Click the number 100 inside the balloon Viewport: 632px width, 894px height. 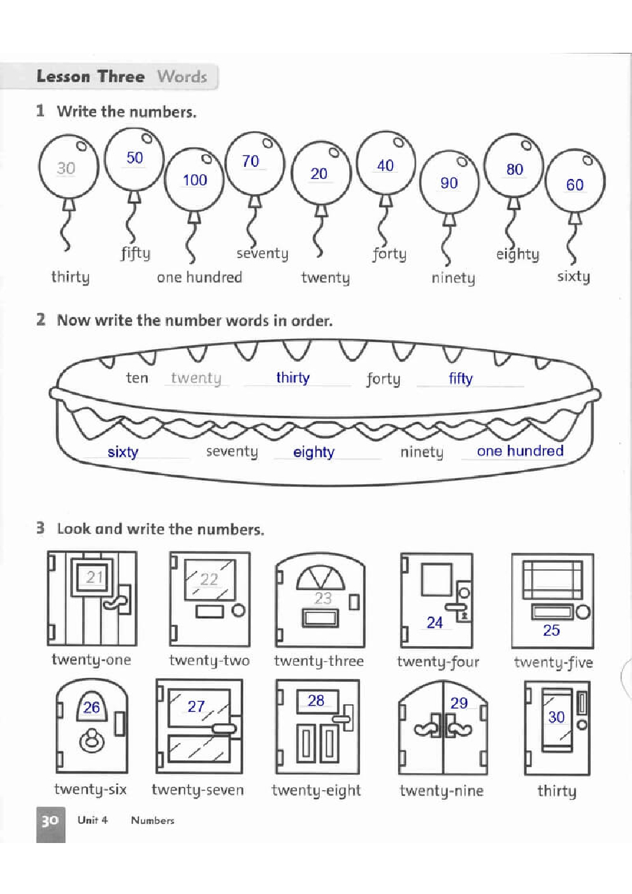pyautogui.click(x=195, y=180)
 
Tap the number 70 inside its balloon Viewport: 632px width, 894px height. pyautogui.click(x=250, y=161)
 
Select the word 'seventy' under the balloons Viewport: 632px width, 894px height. pyautogui.click(x=262, y=254)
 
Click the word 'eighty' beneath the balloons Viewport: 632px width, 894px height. pyautogui.click(x=517, y=254)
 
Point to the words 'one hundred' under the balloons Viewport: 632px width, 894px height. pyautogui.click(x=199, y=277)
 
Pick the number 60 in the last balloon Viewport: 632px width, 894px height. pyautogui.click(x=575, y=185)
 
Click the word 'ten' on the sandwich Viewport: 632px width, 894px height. pyautogui.click(x=137, y=378)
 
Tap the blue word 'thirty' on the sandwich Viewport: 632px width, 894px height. pyautogui.click(x=292, y=378)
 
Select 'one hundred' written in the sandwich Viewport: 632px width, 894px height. pyautogui.click(x=520, y=451)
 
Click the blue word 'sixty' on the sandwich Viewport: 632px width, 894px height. pyautogui.click(x=123, y=452)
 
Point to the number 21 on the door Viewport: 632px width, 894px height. pyautogui.click(x=94, y=577)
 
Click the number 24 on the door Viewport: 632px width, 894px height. pyautogui.click(x=434, y=623)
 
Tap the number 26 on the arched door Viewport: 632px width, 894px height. pyautogui.click(x=92, y=707)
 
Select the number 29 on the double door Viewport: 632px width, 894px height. pyautogui.click(x=459, y=703)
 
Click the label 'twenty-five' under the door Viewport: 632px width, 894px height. pyautogui.click(x=553, y=662)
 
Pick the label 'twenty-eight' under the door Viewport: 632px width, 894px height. pyautogui.click(x=316, y=791)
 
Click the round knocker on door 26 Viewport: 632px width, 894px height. pyautogui.click(x=92, y=741)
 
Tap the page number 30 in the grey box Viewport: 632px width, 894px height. pyautogui.click(x=50, y=821)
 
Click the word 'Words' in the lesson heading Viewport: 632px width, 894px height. pyautogui.click(x=182, y=76)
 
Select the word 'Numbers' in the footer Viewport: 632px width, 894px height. pyautogui.click(x=152, y=820)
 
